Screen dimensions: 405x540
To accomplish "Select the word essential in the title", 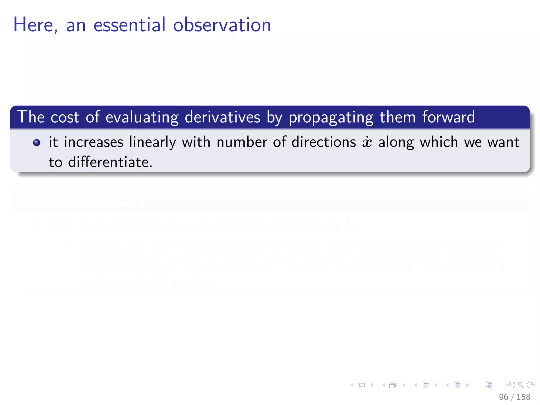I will coord(129,25).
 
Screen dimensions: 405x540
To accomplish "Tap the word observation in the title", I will coord(222,25).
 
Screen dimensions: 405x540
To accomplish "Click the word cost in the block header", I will coord(65,117).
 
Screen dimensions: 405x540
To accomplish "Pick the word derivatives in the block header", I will coord(222,117).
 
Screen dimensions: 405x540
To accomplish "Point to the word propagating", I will coord(331,118).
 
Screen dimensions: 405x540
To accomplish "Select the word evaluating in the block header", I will coord(142,118).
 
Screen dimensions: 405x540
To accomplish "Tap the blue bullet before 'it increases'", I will coord(37,143).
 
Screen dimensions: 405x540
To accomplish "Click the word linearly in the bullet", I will coord(152,142).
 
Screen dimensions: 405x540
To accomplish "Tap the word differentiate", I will coord(110,162).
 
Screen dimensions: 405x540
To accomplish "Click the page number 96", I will coord(504,397).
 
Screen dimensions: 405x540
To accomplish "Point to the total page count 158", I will coord(523,397).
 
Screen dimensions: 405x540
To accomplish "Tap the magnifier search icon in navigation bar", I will coord(521,385).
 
